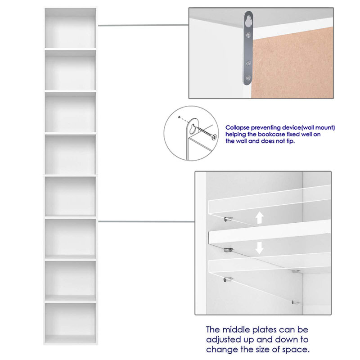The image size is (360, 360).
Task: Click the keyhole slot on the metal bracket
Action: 248,21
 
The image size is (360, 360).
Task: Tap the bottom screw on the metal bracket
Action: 248,78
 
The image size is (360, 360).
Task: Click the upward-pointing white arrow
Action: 260,217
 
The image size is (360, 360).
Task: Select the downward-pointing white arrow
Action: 260,248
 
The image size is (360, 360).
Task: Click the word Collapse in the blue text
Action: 237,128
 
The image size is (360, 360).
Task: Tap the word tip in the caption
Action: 290,141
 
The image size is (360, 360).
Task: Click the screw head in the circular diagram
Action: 214,137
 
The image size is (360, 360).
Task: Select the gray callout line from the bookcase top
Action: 143,25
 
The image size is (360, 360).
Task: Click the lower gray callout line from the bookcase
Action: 147,221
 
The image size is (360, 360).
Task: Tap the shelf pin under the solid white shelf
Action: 228,250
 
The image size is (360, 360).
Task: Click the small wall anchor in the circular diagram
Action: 179,117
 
